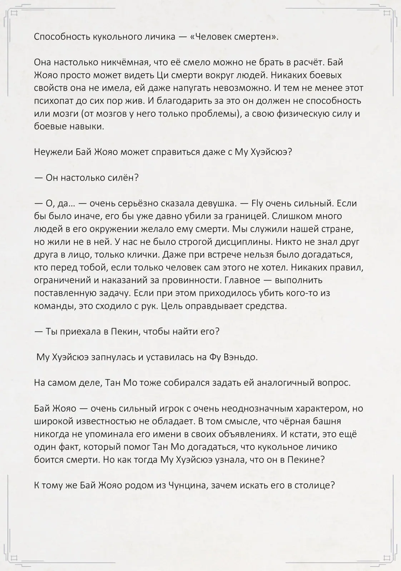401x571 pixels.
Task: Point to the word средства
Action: click(267, 306)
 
